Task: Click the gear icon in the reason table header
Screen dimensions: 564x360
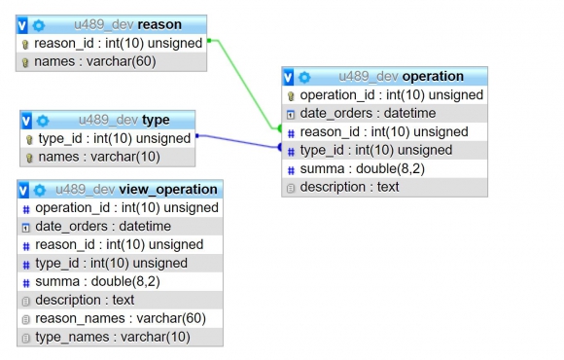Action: pos(39,25)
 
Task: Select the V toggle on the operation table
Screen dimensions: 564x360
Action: pos(288,77)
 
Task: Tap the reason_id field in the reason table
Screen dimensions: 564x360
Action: pos(118,43)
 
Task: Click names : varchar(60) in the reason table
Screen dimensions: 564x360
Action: pos(95,61)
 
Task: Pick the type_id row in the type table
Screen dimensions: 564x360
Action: pos(115,138)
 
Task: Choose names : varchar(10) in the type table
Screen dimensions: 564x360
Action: pos(99,157)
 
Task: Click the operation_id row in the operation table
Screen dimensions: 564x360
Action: pos(391,95)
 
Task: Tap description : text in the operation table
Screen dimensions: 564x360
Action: pos(349,187)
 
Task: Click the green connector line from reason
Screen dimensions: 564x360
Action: pos(244,84)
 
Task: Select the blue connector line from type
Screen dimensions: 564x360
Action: pos(238,141)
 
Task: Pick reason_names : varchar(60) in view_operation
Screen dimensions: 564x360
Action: pos(121,318)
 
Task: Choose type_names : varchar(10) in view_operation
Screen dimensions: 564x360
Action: pos(113,338)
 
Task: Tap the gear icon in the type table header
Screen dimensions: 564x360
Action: pos(43,121)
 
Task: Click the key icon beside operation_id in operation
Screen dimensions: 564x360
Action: pos(291,96)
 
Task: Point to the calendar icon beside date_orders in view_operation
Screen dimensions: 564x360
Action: pos(26,228)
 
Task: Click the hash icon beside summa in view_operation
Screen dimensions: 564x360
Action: pos(26,283)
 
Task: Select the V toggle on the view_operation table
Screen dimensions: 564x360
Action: pos(23,190)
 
